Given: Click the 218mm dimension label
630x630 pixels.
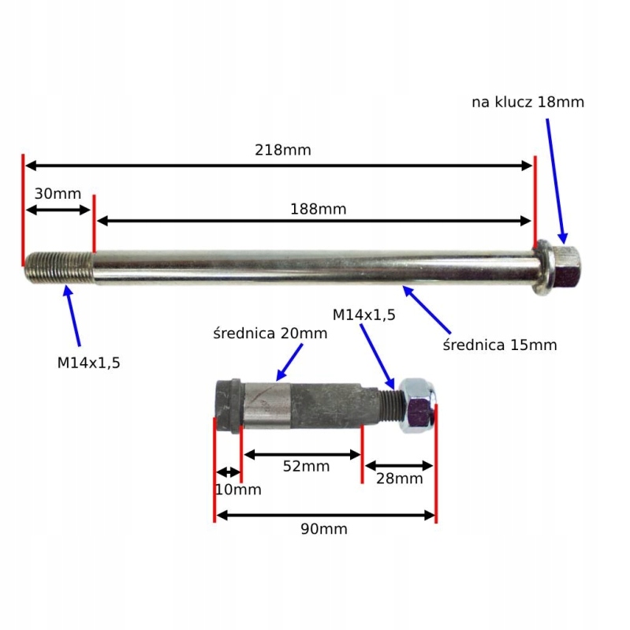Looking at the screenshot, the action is pyautogui.click(x=283, y=151).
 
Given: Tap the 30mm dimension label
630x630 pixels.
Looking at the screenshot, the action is pyautogui.click(x=58, y=194).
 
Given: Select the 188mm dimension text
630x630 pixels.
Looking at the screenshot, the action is pyautogui.click(x=319, y=209).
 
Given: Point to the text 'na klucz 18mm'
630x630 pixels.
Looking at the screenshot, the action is pyautogui.click(x=528, y=103).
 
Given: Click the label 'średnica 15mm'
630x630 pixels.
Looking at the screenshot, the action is pyautogui.click(x=500, y=345).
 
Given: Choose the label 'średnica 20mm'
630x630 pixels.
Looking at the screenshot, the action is pyautogui.click(x=270, y=333).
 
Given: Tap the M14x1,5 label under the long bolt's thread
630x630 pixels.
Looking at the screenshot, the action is pyautogui.click(x=89, y=363).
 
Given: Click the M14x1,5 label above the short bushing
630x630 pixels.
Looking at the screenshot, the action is pyautogui.click(x=364, y=315).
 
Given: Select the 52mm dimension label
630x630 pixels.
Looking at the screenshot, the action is pyautogui.click(x=306, y=466).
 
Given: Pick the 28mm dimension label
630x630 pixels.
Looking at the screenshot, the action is pyautogui.click(x=400, y=479).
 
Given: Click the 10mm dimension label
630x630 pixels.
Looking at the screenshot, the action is pyautogui.click(x=238, y=490).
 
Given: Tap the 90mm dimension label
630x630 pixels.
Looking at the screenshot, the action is pyautogui.click(x=324, y=529).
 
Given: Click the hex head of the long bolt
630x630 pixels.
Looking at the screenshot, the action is pyautogui.click(x=566, y=267).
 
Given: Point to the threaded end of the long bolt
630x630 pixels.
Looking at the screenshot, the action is pyautogui.click(x=59, y=267).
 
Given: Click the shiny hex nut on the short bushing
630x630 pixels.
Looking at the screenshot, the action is pyautogui.click(x=418, y=405).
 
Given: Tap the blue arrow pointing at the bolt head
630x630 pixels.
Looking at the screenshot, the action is pyautogui.click(x=556, y=181).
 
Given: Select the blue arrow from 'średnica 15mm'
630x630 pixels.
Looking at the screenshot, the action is pyautogui.click(x=427, y=309).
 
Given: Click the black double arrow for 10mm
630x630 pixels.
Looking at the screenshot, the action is pyautogui.click(x=228, y=472).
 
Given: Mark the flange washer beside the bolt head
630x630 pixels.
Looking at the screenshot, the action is pyautogui.click(x=543, y=268).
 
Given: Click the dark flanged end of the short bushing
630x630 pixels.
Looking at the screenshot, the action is pyautogui.click(x=229, y=406).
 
